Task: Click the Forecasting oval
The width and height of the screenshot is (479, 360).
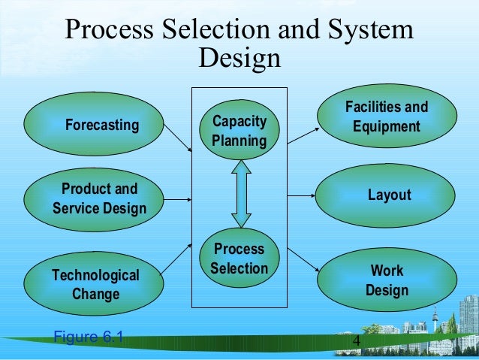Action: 94,124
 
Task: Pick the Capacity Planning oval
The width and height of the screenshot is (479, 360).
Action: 239,131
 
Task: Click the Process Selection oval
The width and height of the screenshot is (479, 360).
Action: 239,258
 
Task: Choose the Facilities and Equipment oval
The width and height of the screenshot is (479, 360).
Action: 387,116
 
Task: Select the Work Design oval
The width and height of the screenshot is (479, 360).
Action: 387,280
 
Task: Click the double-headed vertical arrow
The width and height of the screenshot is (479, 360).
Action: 240,194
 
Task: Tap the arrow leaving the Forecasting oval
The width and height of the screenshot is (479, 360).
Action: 177,138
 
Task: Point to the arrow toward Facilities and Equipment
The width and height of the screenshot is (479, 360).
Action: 303,135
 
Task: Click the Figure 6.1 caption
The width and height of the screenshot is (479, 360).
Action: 89,336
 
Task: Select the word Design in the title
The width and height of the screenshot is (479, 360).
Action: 239,58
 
